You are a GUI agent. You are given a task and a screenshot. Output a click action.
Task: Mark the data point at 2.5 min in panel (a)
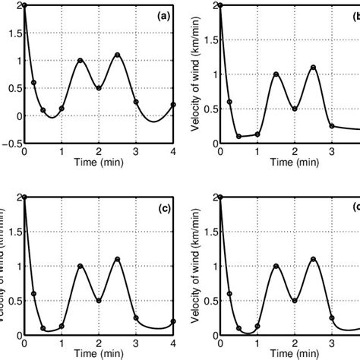pos(117,55)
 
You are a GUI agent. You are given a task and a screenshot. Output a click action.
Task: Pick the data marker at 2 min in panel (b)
pos(295,109)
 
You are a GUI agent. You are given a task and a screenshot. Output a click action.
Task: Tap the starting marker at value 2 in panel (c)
pos(24,197)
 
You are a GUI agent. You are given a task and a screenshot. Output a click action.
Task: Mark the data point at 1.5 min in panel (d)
pos(276,266)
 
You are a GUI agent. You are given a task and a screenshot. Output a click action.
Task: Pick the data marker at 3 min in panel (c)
pos(136,317)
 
